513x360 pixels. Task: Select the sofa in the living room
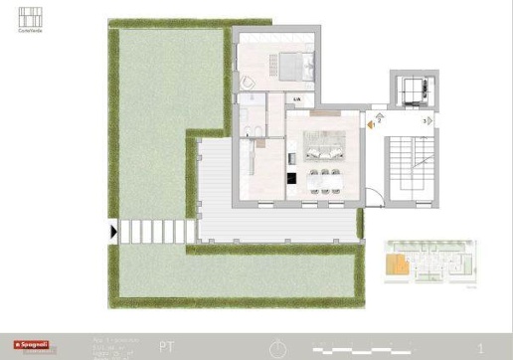(324, 149)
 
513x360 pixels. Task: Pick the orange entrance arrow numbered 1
(372, 124)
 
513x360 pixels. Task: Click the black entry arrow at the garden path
(114, 231)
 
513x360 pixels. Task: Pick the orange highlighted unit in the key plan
(397, 266)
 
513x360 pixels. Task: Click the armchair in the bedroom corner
(248, 80)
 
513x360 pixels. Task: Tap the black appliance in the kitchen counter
(290, 179)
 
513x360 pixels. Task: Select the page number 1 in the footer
(480, 348)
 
